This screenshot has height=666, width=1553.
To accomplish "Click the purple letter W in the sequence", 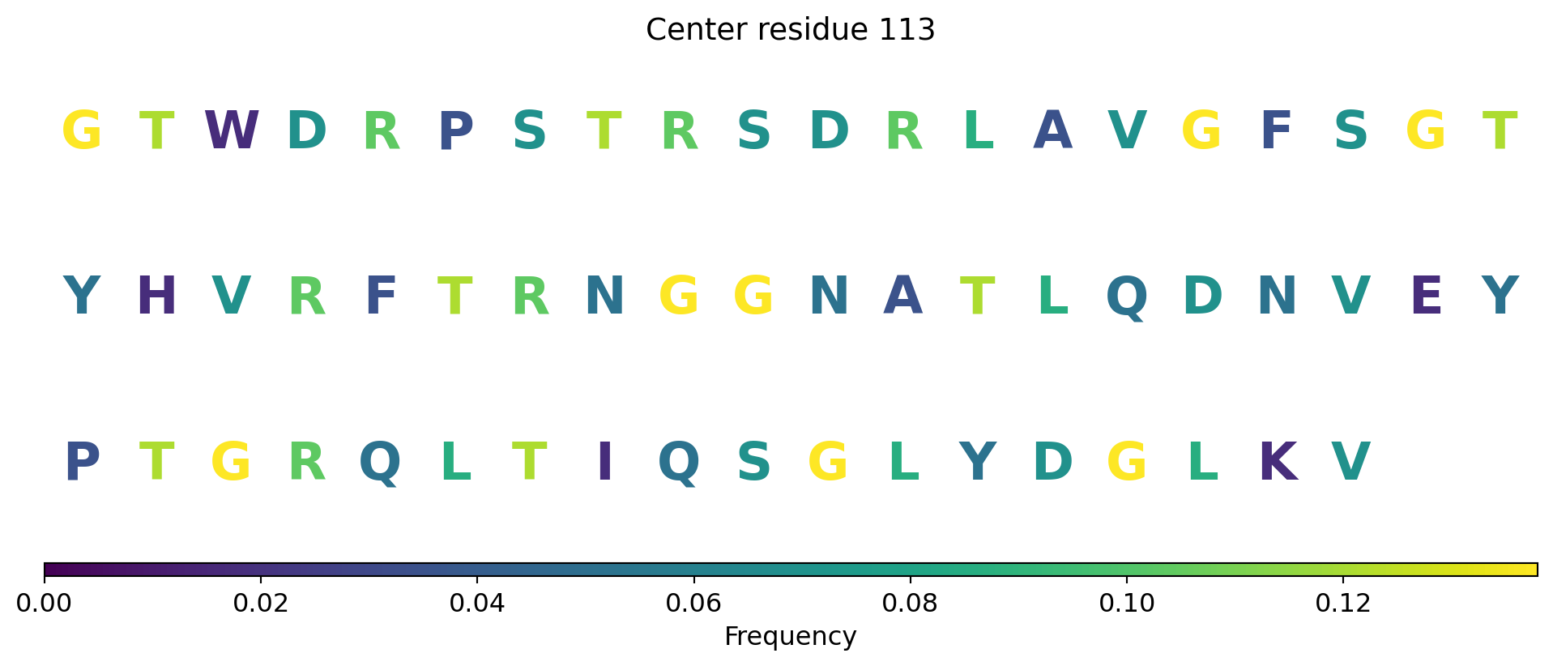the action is point(232,130).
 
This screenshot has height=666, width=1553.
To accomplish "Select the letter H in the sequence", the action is point(156,297).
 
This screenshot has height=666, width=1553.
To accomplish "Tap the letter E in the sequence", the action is point(1426,297).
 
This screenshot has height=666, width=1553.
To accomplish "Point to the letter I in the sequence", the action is point(604,463).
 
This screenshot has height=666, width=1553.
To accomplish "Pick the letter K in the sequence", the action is point(1278,463).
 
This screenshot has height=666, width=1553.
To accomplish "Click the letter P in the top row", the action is point(455,130).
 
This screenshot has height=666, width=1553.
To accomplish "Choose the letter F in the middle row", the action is point(381,297).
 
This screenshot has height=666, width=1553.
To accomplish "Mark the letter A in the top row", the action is point(1052,130).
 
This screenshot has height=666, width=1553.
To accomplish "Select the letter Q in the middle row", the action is point(1127,298).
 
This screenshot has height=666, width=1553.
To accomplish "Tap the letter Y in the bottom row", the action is point(977,463).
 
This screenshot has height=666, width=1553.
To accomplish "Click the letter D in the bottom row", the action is point(1052,463).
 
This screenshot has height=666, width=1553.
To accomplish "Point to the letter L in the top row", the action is point(978,130).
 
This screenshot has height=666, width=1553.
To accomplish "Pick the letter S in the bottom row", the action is point(753,463).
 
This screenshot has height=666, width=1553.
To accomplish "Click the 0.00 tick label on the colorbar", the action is point(45,603).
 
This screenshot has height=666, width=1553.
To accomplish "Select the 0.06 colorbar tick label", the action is point(693,603).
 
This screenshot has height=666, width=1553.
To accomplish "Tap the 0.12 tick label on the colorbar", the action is point(1343,603).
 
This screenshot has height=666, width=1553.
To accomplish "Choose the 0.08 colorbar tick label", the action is point(910,603).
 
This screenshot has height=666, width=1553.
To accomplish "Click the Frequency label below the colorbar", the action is point(790,637).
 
